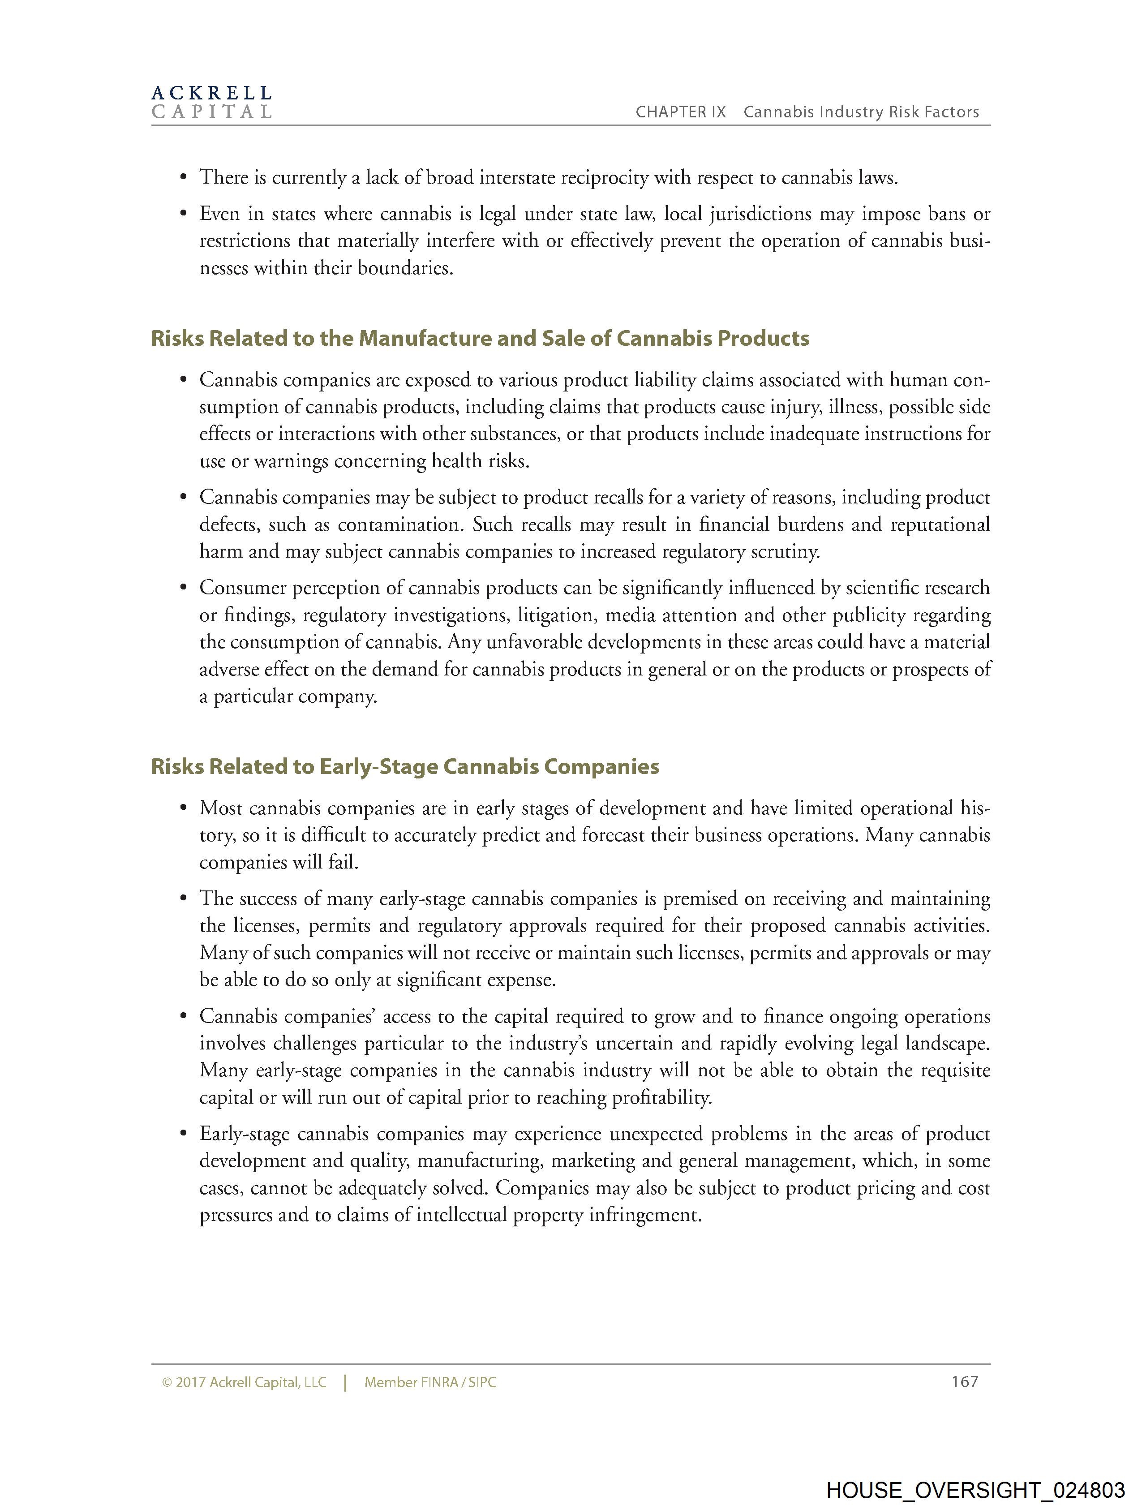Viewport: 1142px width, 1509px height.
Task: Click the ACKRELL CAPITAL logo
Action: (211, 102)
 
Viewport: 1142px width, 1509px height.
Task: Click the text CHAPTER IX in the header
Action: (680, 112)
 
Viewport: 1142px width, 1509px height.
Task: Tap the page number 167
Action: (965, 1381)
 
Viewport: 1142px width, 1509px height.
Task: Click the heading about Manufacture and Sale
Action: (480, 338)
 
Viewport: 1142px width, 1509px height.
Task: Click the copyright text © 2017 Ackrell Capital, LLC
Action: (244, 1382)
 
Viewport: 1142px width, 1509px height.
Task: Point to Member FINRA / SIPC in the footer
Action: (430, 1382)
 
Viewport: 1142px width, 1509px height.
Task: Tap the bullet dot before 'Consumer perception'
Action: (183, 588)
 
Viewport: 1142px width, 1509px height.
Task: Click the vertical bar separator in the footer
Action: (346, 1382)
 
